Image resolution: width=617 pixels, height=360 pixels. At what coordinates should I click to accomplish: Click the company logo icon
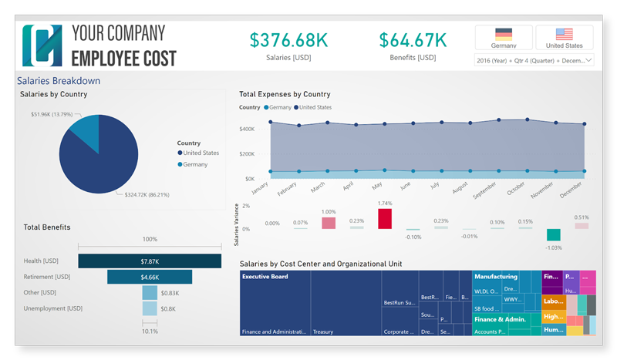pyautogui.click(x=42, y=45)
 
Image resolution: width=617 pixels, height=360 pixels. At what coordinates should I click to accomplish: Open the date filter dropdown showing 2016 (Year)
pyautogui.click(x=534, y=59)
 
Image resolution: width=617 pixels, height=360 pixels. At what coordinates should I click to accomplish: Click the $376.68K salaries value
pyautogui.click(x=289, y=39)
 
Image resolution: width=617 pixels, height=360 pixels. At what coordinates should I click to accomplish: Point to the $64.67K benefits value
pyautogui.click(x=413, y=39)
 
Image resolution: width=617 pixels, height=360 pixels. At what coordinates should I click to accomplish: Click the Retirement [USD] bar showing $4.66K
pyautogui.click(x=150, y=277)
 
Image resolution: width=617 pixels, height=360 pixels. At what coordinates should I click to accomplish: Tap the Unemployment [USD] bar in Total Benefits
pyautogui.click(x=150, y=308)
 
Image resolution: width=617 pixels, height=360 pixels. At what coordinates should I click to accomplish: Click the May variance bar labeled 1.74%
pyautogui.click(x=385, y=218)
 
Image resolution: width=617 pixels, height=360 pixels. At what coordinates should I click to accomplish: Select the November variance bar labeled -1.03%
pyautogui.click(x=553, y=235)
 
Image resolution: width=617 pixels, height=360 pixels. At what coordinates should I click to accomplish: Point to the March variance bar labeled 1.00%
pyautogui.click(x=329, y=223)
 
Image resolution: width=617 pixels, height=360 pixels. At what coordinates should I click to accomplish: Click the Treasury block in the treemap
pyautogui.click(x=346, y=303)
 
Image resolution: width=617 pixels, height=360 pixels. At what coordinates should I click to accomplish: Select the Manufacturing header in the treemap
pyautogui.click(x=495, y=276)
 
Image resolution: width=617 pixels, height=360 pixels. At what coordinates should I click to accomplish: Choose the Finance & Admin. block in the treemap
pyautogui.click(x=500, y=318)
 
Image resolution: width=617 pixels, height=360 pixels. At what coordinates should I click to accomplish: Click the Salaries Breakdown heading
pyautogui.click(x=59, y=80)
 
